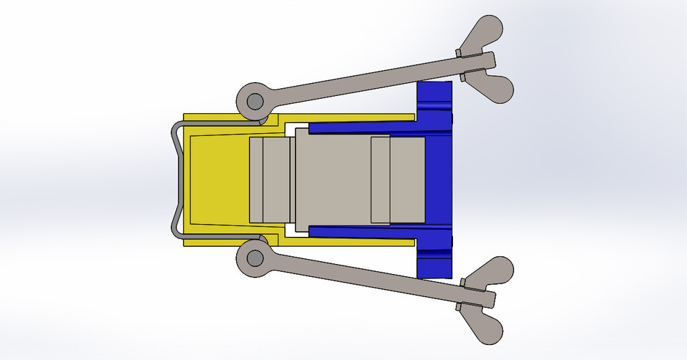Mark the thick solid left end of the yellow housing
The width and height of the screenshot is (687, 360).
[x=215, y=179]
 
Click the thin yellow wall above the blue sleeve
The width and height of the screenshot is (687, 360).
[x=343, y=116]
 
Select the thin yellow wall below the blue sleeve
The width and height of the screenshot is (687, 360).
[x=343, y=242]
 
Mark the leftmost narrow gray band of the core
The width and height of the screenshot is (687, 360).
[x=255, y=179]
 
